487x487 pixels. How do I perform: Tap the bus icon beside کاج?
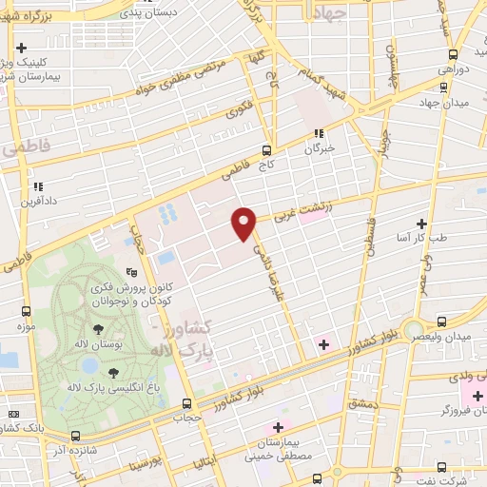pos(266,149)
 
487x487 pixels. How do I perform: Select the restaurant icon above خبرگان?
pos(319,133)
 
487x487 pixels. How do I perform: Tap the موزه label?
pos(26,327)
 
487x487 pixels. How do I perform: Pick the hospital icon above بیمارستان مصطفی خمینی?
pos(279,426)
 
